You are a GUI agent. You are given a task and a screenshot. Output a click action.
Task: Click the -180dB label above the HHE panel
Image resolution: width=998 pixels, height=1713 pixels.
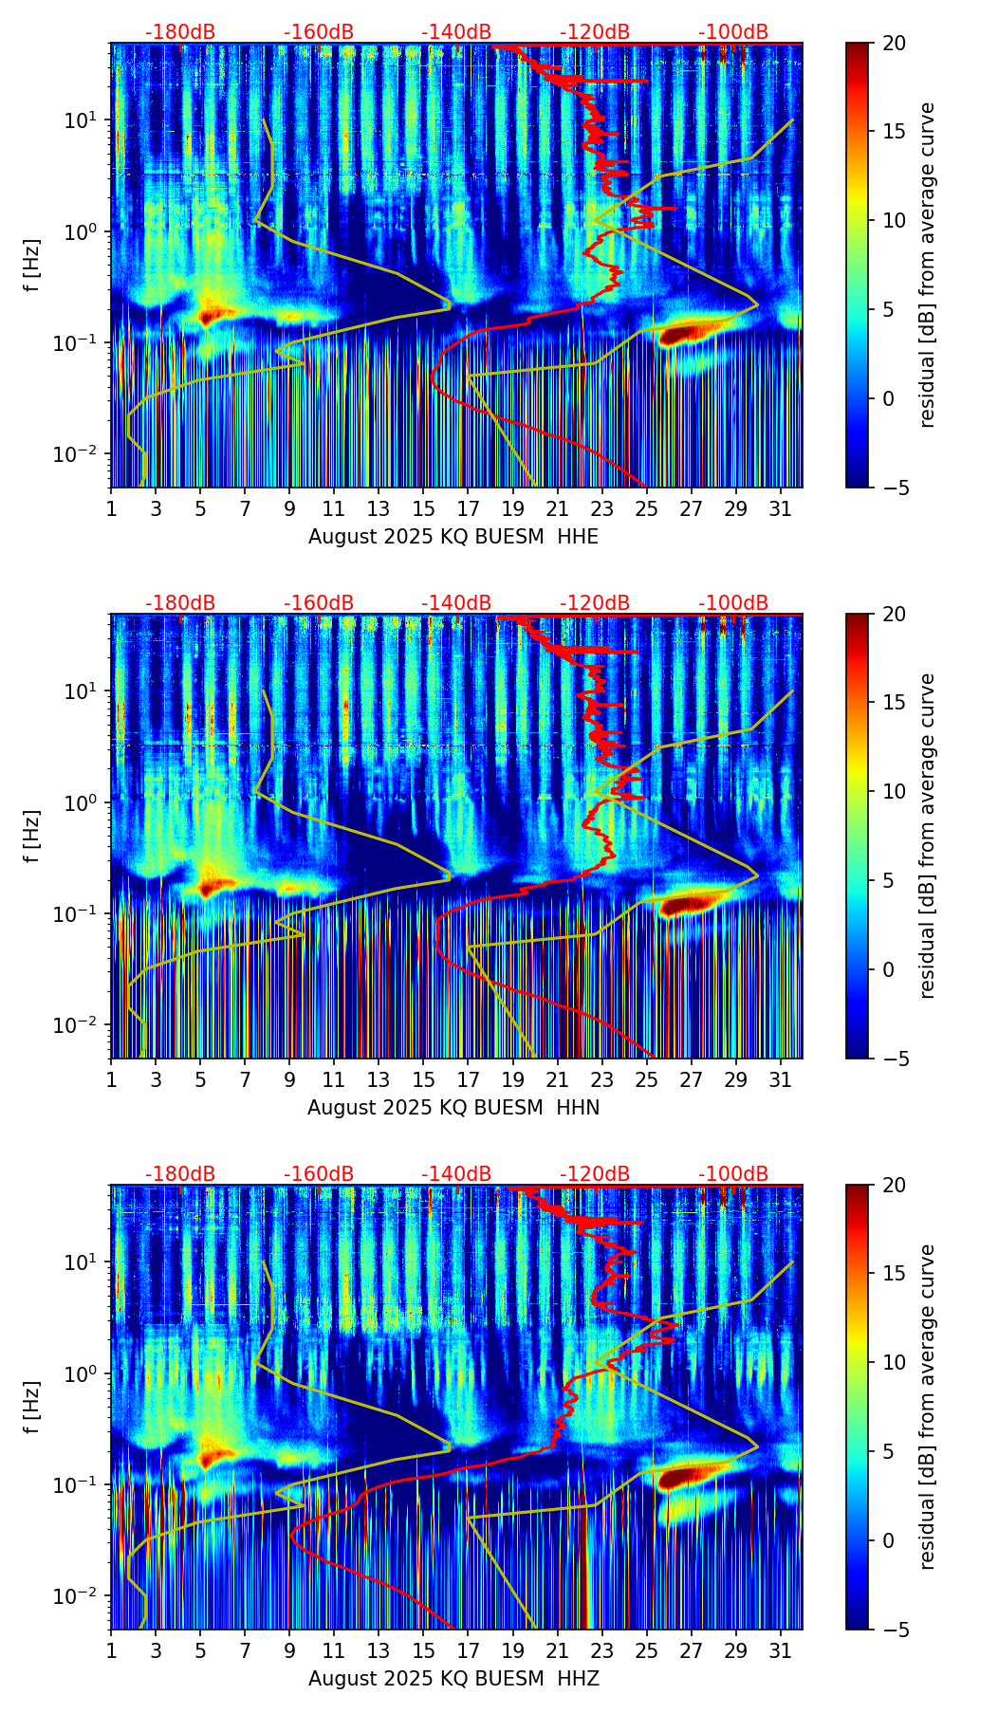tap(180, 32)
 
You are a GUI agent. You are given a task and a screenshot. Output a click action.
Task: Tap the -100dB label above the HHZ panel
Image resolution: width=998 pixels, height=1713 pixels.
tap(733, 1174)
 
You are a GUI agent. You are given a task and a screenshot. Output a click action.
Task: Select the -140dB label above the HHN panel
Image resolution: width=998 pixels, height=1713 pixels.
tap(456, 603)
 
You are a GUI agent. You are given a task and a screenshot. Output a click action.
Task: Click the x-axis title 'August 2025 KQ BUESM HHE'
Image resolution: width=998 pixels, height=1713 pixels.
tap(453, 537)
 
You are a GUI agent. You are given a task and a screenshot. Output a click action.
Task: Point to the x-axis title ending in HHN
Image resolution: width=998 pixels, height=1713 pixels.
tap(453, 1108)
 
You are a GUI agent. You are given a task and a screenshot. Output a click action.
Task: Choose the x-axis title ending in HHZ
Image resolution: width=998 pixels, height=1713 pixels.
tap(453, 1679)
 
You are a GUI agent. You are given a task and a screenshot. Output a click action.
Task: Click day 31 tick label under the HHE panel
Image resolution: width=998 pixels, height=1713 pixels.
tap(781, 510)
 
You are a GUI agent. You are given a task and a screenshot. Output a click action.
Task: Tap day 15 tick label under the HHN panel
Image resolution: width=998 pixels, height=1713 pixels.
tap(423, 1081)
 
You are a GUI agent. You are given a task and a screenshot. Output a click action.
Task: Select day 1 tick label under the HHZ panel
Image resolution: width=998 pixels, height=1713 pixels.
tap(111, 1652)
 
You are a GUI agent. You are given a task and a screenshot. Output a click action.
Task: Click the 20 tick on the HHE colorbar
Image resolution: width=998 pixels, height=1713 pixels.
tap(894, 43)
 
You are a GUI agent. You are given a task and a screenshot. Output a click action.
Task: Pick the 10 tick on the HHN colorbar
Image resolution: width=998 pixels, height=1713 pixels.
tap(894, 791)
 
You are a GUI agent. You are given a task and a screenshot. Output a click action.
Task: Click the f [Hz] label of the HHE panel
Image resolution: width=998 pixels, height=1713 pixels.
tap(32, 266)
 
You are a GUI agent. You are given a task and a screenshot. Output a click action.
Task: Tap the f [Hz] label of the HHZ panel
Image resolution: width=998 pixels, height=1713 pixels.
tap(32, 1408)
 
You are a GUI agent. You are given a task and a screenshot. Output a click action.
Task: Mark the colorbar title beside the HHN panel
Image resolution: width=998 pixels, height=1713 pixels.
tap(928, 836)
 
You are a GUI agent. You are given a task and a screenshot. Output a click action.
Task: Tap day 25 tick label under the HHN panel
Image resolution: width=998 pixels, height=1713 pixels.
tap(646, 1081)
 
